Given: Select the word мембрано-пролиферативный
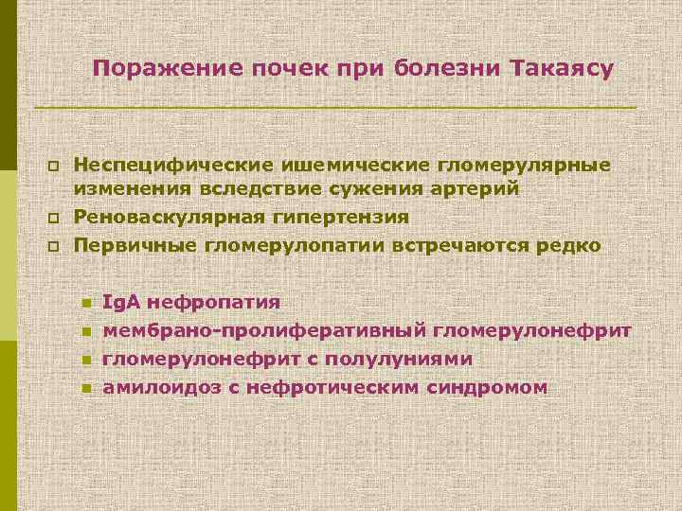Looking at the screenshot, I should point(264,331).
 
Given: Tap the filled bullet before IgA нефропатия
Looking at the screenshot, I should point(85,304).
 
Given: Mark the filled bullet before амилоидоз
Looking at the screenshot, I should point(85,389).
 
